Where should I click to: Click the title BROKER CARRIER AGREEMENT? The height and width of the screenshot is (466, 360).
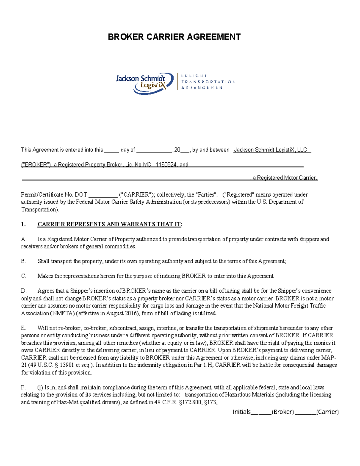click(x=174, y=37)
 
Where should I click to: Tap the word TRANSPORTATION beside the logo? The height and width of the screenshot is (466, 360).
click(x=208, y=82)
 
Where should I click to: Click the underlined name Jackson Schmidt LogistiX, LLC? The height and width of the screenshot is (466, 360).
click(x=270, y=150)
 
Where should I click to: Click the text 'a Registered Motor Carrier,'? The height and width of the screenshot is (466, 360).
click(x=284, y=178)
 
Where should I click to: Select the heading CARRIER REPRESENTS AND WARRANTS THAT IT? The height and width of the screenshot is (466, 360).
click(x=110, y=224)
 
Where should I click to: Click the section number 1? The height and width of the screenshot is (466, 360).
click(x=23, y=224)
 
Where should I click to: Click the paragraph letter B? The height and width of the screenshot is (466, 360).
click(x=23, y=261)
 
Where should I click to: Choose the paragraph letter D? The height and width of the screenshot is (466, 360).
click(x=24, y=291)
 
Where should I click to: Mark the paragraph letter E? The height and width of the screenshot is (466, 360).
click(x=23, y=328)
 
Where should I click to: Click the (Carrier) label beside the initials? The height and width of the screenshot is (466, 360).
click(x=328, y=412)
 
